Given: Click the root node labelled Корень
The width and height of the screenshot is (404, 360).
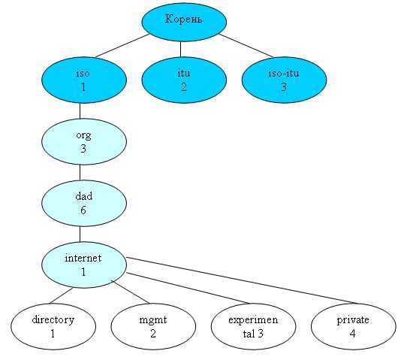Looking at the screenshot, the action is [184, 23].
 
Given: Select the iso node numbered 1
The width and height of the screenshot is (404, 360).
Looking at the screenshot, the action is [84, 80].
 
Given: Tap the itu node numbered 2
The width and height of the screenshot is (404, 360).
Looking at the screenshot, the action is [184, 80].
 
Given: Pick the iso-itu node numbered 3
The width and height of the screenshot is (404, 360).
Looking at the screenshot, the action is [284, 80].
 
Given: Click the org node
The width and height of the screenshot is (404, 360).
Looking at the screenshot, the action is [84, 141].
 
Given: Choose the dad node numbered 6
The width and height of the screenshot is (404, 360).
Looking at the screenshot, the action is [84, 203].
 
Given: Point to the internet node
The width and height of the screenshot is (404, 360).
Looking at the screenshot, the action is [84, 265].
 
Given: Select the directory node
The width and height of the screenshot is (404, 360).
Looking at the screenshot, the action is [53, 326].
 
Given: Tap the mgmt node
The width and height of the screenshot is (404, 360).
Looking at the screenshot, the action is [153, 326].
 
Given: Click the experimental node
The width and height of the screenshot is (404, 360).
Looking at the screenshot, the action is [253, 326].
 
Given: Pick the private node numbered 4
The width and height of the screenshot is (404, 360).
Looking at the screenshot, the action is [354, 326].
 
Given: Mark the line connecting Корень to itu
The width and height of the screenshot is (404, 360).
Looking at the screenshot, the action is [180, 50].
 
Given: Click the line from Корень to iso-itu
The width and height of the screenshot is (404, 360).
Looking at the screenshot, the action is [246, 46].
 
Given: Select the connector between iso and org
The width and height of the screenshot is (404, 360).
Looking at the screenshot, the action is [80, 111].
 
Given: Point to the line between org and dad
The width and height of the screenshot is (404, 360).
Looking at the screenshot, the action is [80, 173].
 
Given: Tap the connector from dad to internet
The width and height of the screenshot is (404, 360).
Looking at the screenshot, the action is [80, 234].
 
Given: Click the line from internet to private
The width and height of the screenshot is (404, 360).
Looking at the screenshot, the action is [243, 280].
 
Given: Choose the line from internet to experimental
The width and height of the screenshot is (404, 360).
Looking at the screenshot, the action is [188, 288].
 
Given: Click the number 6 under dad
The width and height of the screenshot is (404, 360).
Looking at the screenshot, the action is [83, 210].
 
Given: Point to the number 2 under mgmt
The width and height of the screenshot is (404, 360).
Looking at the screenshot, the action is [153, 334].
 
